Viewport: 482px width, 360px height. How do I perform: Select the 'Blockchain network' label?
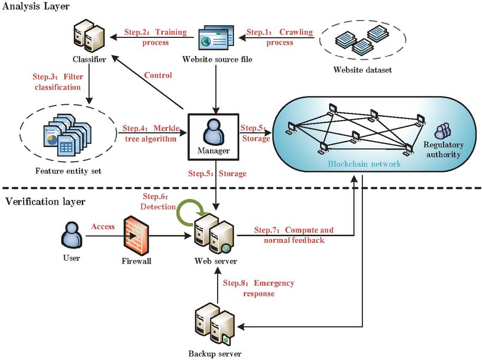pyautogui.click(x=363, y=164)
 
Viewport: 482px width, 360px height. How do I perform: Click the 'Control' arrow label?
pyautogui.click(x=158, y=75)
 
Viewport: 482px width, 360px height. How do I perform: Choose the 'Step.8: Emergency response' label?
pyautogui.click(x=258, y=288)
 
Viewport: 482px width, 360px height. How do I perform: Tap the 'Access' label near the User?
pyautogui.click(x=103, y=227)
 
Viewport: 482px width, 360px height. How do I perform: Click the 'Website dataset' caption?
pyautogui.click(x=363, y=69)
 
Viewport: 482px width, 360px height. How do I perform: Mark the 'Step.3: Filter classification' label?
pyautogui.click(x=58, y=82)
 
